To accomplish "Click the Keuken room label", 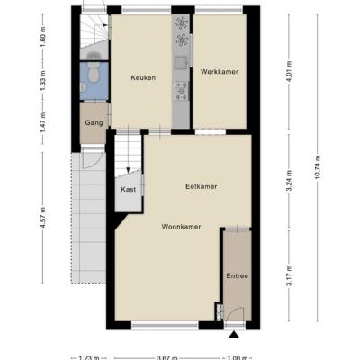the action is (143, 77).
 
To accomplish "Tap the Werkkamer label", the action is (220, 72).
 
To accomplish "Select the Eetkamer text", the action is (202, 186).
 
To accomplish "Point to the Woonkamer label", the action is (181, 227).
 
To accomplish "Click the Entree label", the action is (238, 276).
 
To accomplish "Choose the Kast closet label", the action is (129, 190).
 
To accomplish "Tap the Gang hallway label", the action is (94, 122).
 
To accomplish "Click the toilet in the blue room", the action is (94, 74).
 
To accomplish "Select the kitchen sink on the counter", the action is (181, 63).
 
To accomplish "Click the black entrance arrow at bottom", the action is (234, 335).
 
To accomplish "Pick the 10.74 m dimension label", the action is (318, 166).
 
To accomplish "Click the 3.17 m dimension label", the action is (289, 276).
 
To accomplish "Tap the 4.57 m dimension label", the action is (43, 218).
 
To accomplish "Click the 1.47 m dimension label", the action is (43, 124).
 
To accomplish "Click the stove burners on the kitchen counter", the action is (182, 91).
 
